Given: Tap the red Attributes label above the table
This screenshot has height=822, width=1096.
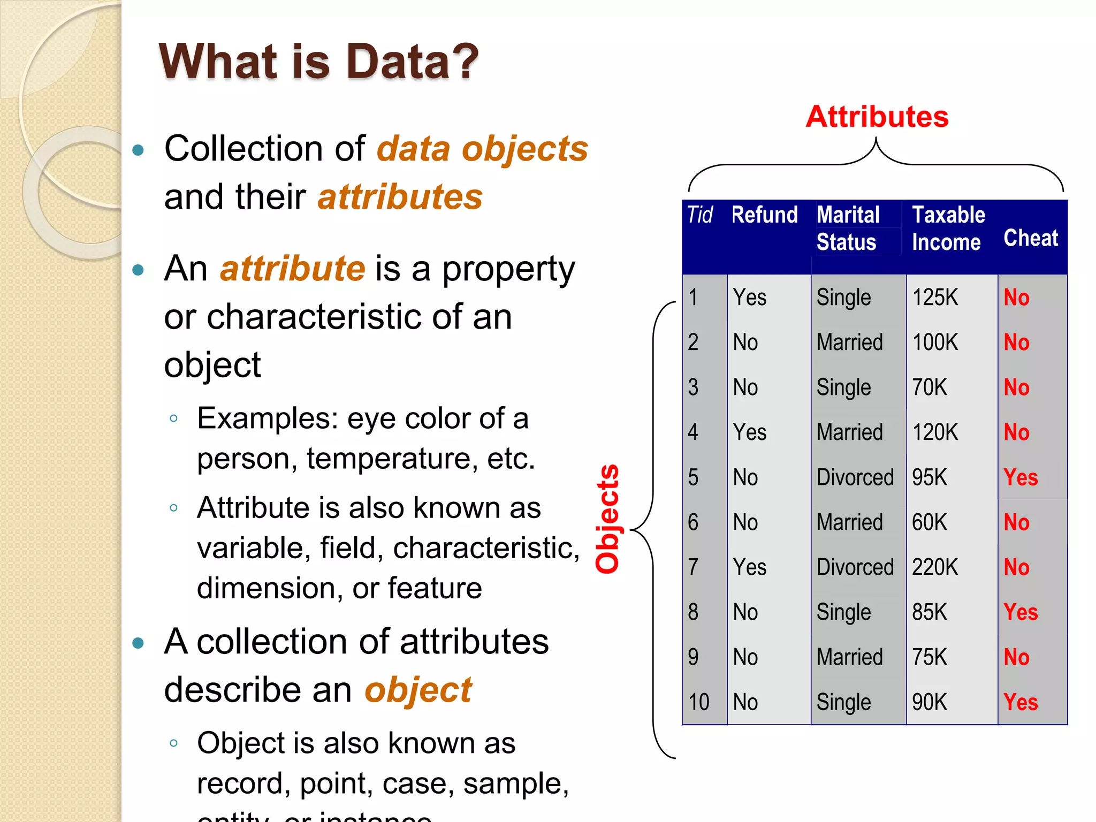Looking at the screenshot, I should click(877, 117).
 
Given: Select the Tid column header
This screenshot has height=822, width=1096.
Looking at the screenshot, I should click(699, 215).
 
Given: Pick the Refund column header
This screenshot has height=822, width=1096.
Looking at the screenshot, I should click(764, 215).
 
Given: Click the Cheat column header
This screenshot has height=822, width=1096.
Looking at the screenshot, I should click(1031, 238).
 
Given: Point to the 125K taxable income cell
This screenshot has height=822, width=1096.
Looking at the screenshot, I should click(935, 298).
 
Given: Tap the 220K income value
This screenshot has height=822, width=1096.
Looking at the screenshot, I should click(935, 567).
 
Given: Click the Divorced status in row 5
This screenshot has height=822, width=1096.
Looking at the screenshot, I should click(855, 477).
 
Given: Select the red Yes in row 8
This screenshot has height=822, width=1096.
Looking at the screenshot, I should click(1021, 612).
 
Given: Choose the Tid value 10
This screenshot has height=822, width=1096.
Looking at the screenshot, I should click(698, 702).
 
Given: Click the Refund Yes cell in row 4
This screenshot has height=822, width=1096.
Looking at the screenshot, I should click(749, 432).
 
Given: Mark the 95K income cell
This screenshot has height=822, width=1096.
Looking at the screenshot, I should click(930, 477).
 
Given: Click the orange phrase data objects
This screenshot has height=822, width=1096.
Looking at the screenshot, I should click(482, 149).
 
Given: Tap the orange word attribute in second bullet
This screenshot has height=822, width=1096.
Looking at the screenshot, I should click(293, 269).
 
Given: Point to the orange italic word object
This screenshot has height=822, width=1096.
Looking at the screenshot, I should click(418, 690).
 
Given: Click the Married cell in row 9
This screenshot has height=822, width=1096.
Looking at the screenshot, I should click(849, 657).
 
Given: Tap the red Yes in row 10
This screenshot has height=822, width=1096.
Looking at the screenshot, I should click(1021, 702).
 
